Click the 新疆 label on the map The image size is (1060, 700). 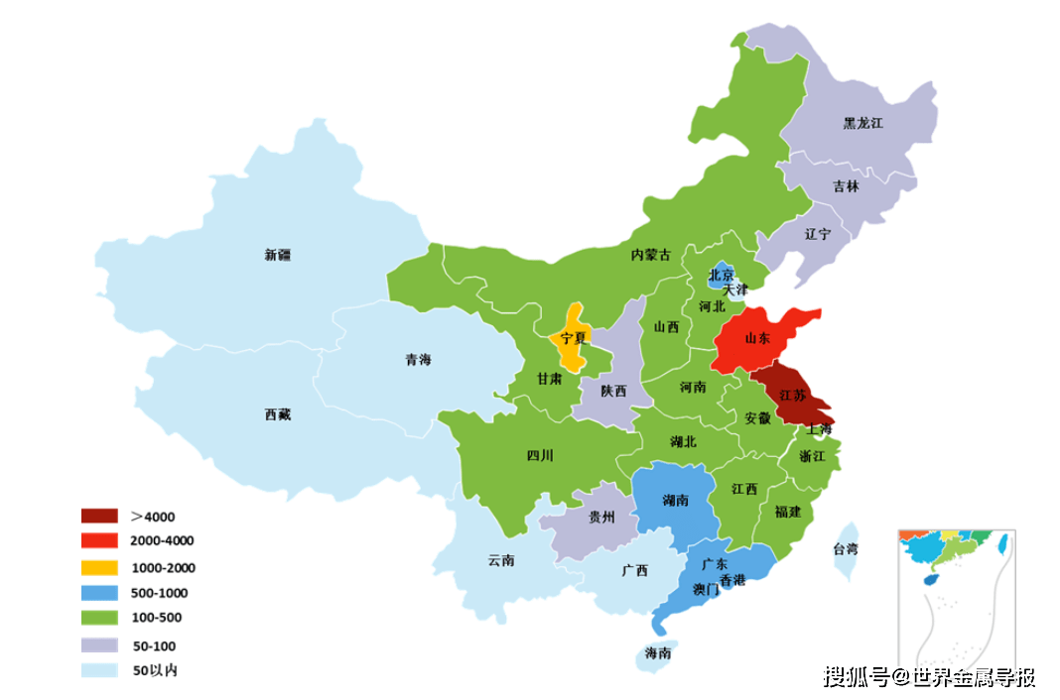(278, 255)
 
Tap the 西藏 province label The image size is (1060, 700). (278, 414)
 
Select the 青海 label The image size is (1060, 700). (418, 360)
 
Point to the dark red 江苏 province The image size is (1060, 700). (791, 396)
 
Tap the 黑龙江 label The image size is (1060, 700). (862, 124)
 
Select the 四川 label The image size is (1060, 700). (540, 456)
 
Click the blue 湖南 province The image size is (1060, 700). (674, 500)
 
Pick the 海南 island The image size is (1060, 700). (656, 652)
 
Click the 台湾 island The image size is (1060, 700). (846, 549)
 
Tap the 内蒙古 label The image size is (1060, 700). (651, 255)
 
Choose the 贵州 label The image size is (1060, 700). (601, 517)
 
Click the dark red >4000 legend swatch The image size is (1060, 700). (99, 517)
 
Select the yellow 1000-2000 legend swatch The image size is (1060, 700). (99, 568)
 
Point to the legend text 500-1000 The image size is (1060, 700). (159, 593)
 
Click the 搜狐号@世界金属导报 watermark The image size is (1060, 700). (930, 677)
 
